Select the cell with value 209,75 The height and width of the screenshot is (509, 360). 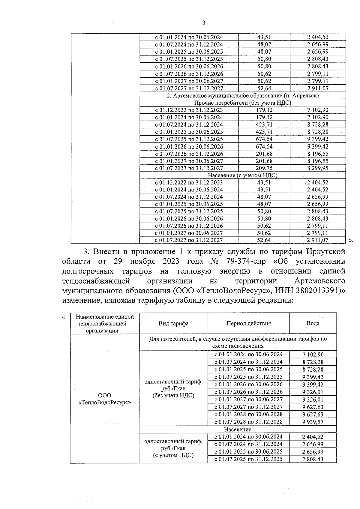click(264, 168)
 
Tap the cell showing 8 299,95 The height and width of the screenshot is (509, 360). click(317, 168)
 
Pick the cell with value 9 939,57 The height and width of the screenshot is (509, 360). click(313, 422)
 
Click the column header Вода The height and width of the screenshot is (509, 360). click(313, 323)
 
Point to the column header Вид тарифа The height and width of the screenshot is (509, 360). click(173, 323)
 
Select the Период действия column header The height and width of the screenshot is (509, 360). click(248, 323)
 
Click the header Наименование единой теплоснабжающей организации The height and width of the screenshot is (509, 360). click(105, 324)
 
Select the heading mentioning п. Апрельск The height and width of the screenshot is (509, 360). click(242, 96)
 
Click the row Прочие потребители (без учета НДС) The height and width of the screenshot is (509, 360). click(242, 103)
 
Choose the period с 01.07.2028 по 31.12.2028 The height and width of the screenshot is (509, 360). click(248, 422)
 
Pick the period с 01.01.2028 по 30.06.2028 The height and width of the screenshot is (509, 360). click(248, 415)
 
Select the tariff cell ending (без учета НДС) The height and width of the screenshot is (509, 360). click(173, 388)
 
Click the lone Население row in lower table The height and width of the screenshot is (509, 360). click(238, 430)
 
